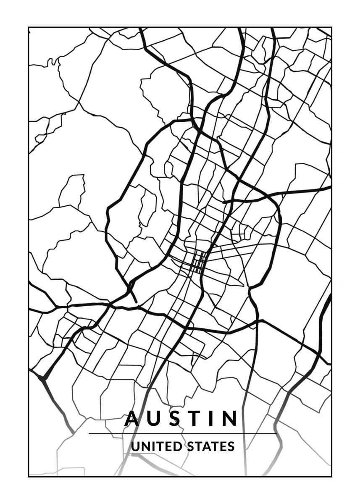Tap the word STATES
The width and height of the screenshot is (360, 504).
210,446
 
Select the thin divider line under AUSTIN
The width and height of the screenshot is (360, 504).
183,433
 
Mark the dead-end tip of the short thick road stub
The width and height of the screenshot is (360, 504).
136,301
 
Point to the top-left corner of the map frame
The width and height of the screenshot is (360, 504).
29,28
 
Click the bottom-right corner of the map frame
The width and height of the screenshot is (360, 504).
331,477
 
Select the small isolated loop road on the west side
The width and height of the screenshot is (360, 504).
72,191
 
